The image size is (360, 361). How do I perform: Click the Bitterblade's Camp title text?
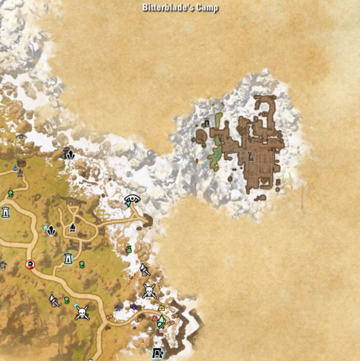coord(180,8)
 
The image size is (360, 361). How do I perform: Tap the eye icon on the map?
coord(132,199)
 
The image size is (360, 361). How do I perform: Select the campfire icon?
coord(73,227)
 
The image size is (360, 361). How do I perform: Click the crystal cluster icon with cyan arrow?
coord(50,230)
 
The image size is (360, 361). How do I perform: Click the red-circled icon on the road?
coord(30,264)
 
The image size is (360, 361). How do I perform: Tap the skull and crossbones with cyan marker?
coord(82,312)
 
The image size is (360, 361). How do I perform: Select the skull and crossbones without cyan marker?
coord(149,291)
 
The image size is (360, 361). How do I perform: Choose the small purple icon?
coord(134,307)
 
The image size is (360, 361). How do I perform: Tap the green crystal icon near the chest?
coord(161,321)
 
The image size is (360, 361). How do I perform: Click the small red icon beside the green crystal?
coord(154,319)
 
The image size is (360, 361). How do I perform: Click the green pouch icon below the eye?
coord(128,249)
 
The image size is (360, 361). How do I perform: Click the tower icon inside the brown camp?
coord(251,158)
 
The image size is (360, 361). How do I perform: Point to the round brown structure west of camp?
coord(201,137)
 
